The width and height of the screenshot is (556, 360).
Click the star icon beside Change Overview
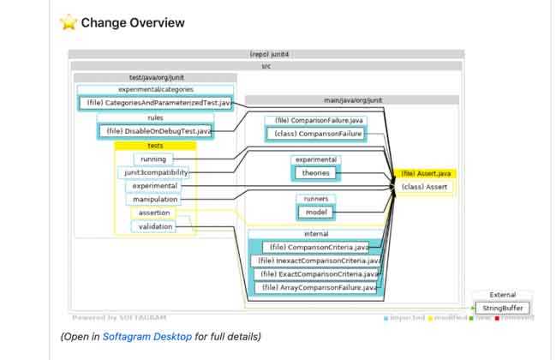[x=69, y=22]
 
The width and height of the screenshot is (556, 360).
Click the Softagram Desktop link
[x=146, y=336]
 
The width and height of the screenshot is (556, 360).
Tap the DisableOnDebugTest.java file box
[x=155, y=131]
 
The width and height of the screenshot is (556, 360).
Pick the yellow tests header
[x=155, y=146]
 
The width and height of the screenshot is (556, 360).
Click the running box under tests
[x=153, y=159]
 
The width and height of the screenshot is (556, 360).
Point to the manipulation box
[x=155, y=200]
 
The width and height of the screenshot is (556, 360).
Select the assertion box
[x=154, y=213]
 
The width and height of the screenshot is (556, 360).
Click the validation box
[x=155, y=226]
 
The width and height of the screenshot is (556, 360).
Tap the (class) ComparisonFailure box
[x=314, y=134]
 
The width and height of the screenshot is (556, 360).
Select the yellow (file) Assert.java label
[x=425, y=173]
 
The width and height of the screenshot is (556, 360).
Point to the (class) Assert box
[x=424, y=187]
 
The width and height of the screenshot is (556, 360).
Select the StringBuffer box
[x=503, y=308]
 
